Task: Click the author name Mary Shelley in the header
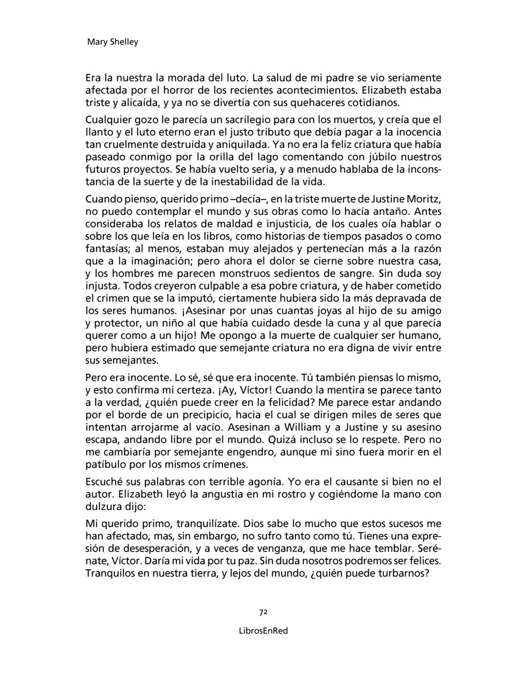[x=112, y=42]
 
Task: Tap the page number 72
[x=263, y=612]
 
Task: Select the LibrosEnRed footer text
[x=263, y=631]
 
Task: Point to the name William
[x=303, y=427]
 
